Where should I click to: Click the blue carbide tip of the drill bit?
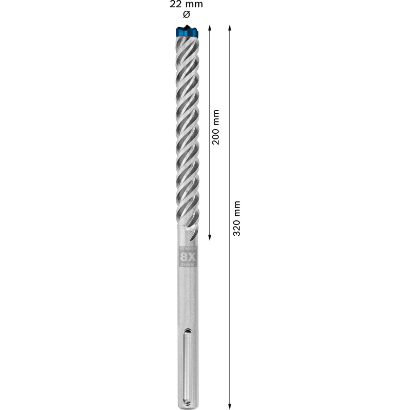pos(187,30)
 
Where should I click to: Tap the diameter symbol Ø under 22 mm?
pos(187,14)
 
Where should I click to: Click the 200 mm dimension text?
pos(216,127)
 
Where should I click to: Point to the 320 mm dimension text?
pos(236,218)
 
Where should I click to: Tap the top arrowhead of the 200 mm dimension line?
pos(210,27)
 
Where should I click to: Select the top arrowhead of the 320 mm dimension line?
pos(230,27)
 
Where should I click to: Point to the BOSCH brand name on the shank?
pos(188,249)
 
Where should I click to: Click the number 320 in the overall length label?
pos(236,225)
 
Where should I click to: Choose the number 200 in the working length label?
pos(216,134)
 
